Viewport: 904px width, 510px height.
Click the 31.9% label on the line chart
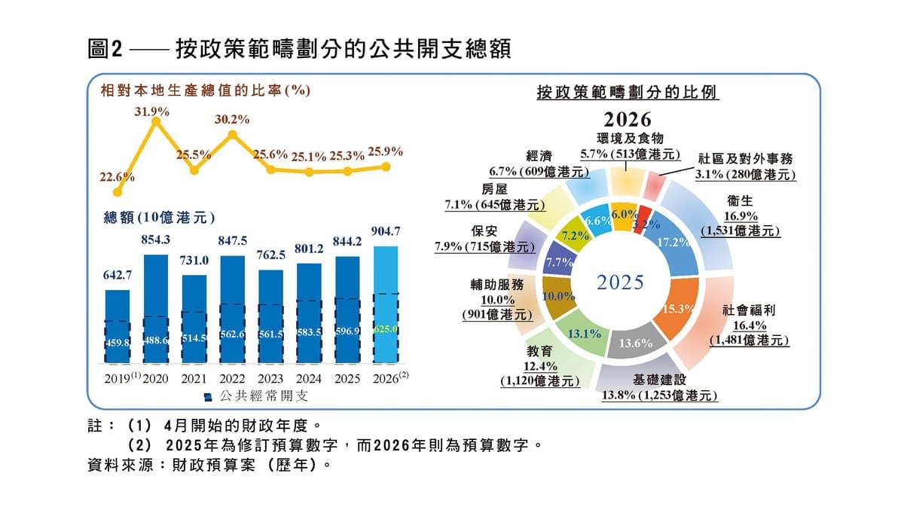[x=152, y=112]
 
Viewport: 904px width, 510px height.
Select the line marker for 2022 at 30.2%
[x=233, y=135]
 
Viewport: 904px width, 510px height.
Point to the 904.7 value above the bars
[x=386, y=231]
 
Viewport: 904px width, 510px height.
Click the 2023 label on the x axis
[x=270, y=378]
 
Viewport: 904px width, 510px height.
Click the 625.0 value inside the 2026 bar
[x=386, y=329]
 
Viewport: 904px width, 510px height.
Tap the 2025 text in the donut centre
[x=621, y=282]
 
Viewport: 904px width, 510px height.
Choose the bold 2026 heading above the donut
[x=627, y=120]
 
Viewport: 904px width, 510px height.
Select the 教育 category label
[x=540, y=350]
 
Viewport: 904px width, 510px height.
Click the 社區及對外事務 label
[x=745, y=159]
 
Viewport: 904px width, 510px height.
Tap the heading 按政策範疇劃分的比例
[x=627, y=92]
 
